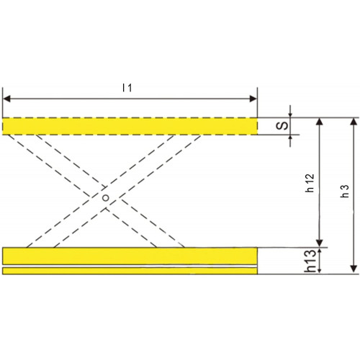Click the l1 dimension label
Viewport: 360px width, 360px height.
(x=127, y=88)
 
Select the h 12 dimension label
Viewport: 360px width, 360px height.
(x=310, y=183)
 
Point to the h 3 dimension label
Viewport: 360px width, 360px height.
(x=345, y=192)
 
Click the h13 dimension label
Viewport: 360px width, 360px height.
(x=310, y=261)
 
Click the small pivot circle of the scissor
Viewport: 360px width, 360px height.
(x=105, y=198)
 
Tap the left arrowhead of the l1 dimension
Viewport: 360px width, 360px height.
(x=6, y=99)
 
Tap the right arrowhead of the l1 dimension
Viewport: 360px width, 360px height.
(x=253, y=99)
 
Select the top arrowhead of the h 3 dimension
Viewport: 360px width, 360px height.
(x=353, y=122)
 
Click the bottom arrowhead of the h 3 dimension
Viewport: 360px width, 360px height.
(x=353, y=269)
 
